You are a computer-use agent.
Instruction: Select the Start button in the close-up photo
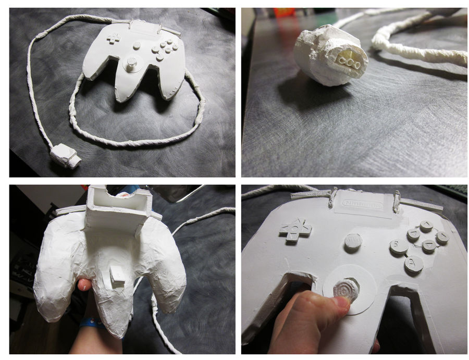pos(353,242)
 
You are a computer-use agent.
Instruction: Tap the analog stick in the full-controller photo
pos(131,65)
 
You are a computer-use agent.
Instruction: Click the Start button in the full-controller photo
pos(136,46)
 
